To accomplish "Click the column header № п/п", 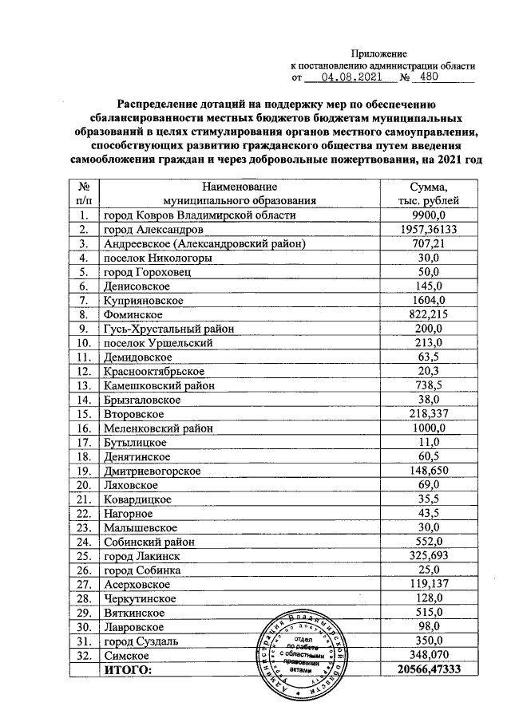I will click(x=82, y=193).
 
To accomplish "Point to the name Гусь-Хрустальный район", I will click(x=167, y=328).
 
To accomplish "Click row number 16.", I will click(x=82, y=428).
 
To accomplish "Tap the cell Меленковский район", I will click(x=158, y=428).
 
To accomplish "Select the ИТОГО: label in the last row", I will click(x=127, y=671).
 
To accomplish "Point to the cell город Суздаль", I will click(x=141, y=641).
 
